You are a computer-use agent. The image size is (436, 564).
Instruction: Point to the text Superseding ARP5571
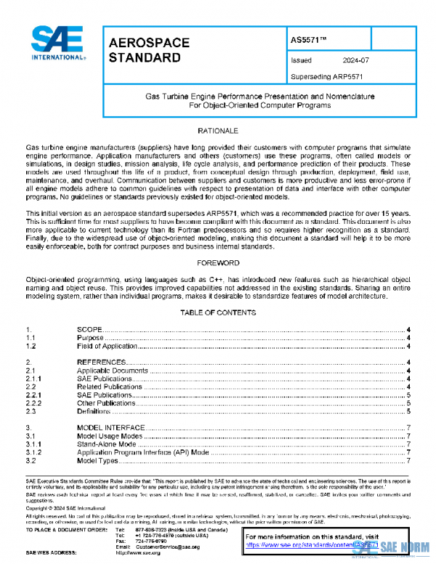tap(326, 76)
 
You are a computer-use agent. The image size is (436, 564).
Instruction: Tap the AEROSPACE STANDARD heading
tap(148, 50)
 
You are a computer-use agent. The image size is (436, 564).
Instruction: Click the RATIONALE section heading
tap(218, 129)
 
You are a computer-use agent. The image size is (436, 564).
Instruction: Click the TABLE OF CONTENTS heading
tap(218, 313)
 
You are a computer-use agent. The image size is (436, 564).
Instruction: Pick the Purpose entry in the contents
tap(92, 338)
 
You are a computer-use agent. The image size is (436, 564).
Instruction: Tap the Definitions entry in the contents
tap(95, 411)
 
